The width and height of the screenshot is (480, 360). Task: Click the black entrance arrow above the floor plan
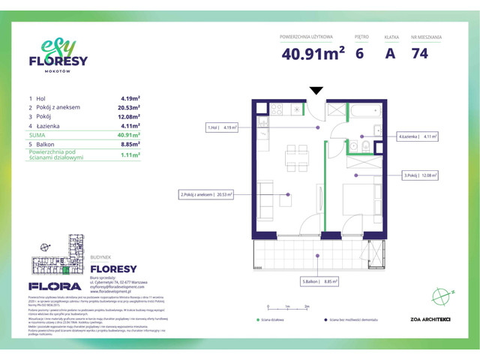pyautogui.click(x=316, y=91)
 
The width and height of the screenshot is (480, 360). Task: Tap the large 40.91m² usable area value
pyautogui.click(x=313, y=54)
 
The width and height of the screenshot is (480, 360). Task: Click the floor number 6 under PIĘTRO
pyautogui.click(x=359, y=54)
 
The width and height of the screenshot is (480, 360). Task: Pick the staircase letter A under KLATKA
pyautogui.click(x=390, y=54)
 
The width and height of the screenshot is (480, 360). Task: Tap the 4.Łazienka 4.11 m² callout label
pyautogui.click(x=418, y=136)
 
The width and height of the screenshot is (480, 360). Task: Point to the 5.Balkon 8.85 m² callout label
pyautogui.click(x=319, y=282)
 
